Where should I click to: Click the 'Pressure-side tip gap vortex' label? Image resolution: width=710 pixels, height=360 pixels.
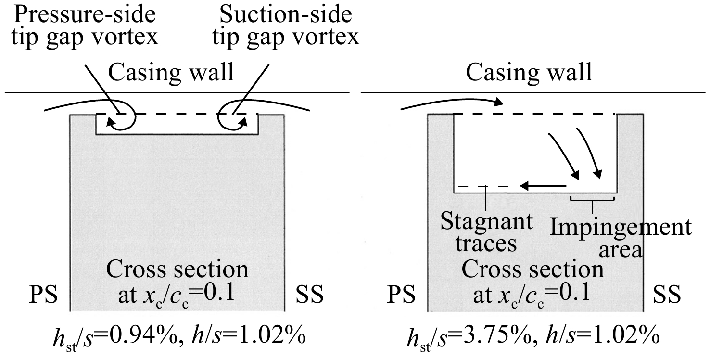coord(85,26)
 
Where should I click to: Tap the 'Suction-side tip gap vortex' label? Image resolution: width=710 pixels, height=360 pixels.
coord(286,26)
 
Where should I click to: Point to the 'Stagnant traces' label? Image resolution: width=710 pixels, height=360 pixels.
coord(486,232)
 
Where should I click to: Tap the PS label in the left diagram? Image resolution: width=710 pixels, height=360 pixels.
coord(43,295)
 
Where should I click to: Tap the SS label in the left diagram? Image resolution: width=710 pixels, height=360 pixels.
coord(310,295)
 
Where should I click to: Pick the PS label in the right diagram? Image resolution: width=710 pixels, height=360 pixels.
coord(401,295)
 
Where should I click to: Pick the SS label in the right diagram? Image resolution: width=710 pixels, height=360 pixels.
coord(667,295)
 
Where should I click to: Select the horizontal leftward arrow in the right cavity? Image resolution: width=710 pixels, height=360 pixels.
coord(543,186)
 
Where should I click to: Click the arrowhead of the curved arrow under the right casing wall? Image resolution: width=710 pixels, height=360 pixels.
coord(499,102)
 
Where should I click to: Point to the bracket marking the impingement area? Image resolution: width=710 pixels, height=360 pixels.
coord(592,201)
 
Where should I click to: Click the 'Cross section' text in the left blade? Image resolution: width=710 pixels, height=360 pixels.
coord(177,270)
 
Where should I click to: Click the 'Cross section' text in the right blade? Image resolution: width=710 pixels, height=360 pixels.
coord(532,270)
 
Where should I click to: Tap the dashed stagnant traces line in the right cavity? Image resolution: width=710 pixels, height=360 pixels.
coord(483,187)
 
